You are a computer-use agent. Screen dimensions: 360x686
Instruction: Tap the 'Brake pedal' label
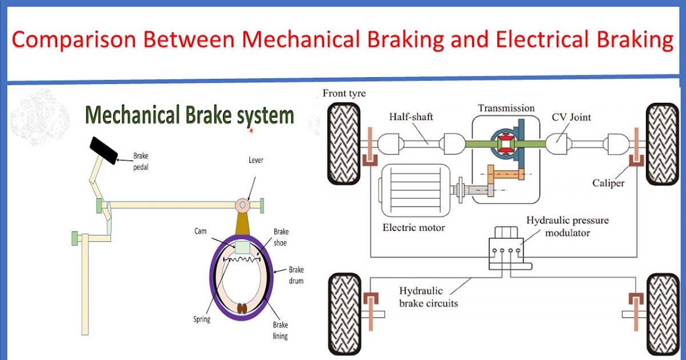point(142,161)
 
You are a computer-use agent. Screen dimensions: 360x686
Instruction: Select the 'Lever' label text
point(256,161)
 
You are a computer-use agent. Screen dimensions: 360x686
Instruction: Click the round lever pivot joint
point(243,204)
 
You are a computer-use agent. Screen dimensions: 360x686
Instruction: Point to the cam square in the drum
point(243,247)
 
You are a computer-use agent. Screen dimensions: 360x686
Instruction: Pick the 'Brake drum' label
point(296,275)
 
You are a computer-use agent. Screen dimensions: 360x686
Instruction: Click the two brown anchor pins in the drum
point(242,309)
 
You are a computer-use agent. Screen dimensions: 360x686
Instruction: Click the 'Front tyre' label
point(344,94)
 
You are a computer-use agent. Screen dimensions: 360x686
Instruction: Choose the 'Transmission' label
point(506,107)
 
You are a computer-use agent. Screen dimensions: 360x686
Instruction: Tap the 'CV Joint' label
point(571,117)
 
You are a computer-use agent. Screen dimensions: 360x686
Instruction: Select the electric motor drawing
point(417,191)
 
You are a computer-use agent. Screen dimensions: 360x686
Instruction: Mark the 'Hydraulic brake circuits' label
point(428,297)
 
